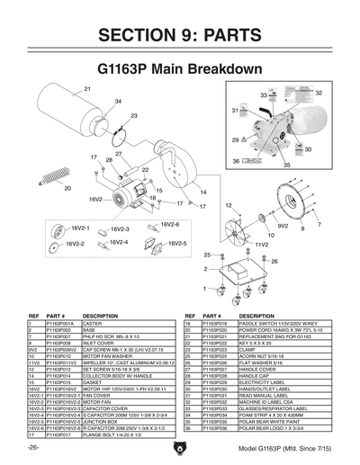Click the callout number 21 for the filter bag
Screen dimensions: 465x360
coord(88,87)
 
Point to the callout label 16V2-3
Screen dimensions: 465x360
coord(119,229)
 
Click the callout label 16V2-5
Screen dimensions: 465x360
coord(175,244)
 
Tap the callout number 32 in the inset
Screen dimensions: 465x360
coord(319,93)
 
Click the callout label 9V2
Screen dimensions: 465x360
coord(256,228)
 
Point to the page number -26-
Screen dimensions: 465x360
coord(34,447)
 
